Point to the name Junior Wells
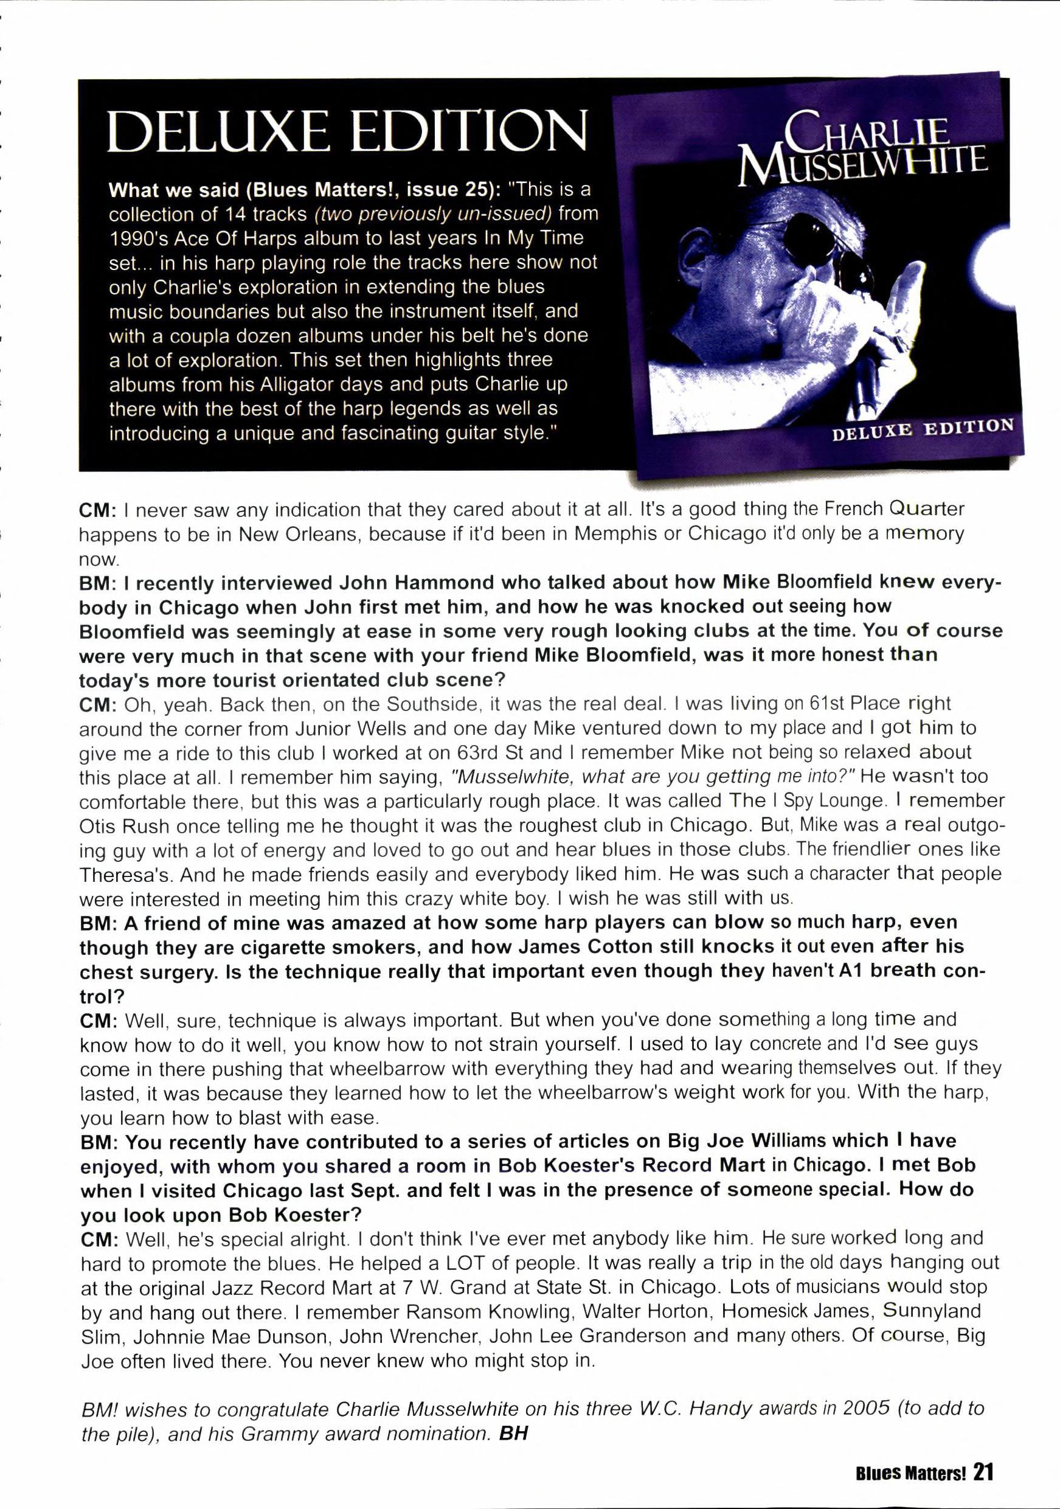coord(356,728)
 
